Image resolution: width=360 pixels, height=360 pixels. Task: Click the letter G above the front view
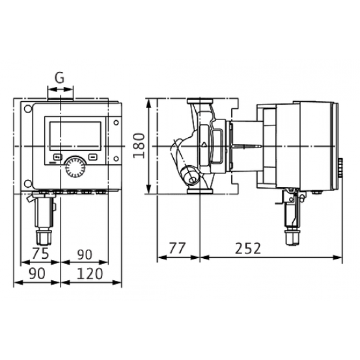click(59, 77)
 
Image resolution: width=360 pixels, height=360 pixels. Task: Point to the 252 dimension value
click(247, 248)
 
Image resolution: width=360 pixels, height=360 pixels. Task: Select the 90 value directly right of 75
click(84, 254)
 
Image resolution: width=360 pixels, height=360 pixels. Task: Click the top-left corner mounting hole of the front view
click(28, 109)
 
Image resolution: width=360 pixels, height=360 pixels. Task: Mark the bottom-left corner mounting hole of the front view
click(28, 184)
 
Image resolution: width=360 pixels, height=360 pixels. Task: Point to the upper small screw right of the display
click(116, 122)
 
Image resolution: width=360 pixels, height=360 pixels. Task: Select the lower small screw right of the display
click(116, 158)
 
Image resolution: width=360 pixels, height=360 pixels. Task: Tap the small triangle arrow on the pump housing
click(204, 145)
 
